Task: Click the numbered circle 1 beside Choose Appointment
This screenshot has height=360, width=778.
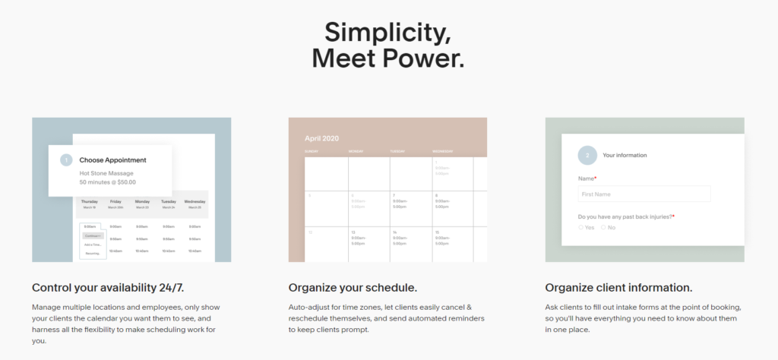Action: [x=66, y=160]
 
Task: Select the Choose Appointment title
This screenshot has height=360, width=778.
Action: [x=112, y=160]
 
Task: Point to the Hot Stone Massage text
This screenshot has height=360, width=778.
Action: [x=106, y=173]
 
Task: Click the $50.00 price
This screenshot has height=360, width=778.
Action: [x=127, y=182]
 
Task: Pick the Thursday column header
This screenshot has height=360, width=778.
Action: [x=90, y=201]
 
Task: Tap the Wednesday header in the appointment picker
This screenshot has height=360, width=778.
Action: [x=194, y=201]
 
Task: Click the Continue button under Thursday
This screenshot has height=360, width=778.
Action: [x=93, y=235]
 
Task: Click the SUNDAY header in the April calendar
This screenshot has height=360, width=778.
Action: [x=312, y=152]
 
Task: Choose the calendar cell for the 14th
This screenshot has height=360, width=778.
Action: [x=410, y=244]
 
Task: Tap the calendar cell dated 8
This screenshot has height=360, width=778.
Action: [x=452, y=207]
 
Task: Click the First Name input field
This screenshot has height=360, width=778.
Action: [x=644, y=194]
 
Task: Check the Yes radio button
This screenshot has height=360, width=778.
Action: [x=581, y=227]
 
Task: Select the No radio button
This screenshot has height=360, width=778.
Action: [x=604, y=227]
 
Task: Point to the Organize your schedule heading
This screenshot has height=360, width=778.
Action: [x=352, y=288]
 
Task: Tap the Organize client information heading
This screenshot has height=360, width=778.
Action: [x=618, y=288]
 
